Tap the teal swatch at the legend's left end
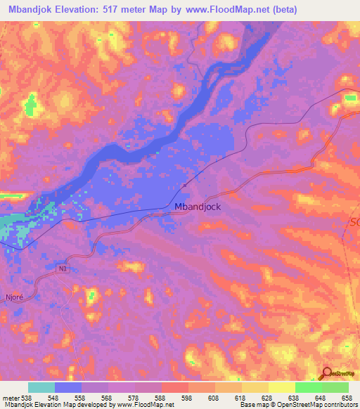click(41, 387)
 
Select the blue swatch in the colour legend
click(68, 387)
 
